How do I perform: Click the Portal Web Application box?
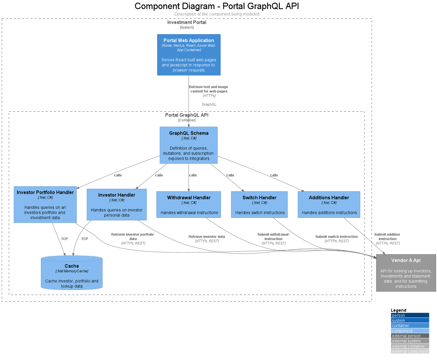coord(188,55)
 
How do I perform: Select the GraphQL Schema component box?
coord(188,145)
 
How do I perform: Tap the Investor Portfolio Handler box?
coord(45,204)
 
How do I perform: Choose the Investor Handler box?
coord(116,204)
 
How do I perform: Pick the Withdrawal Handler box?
coord(188,204)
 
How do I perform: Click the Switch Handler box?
coord(259,204)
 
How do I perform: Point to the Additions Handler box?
coord(329,204)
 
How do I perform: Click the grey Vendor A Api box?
coord(406,272)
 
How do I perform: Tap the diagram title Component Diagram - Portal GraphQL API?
coord(217,6)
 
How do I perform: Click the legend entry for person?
coord(410,315)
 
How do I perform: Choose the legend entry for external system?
coord(410,341)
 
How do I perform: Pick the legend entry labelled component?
coord(410,331)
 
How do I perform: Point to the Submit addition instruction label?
coord(387,237)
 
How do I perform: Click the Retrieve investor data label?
coord(206,237)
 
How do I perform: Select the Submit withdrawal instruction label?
coord(273,237)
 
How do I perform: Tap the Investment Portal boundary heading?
coord(186,22)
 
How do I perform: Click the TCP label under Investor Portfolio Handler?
coord(64,239)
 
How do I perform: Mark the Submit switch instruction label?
coord(337,237)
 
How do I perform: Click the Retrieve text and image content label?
coord(208,89)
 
